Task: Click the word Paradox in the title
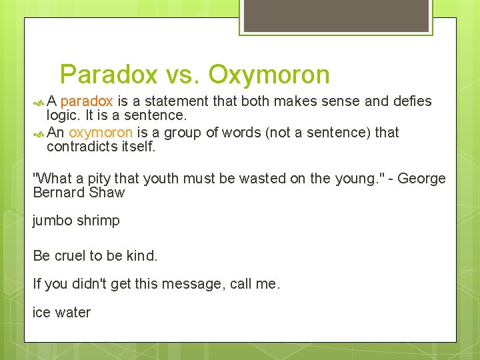[109, 75]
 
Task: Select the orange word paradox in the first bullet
[87, 101]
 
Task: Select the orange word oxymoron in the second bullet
[101, 132]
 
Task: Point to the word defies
[413, 101]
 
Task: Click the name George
[421, 179]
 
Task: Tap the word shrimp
[99, 221]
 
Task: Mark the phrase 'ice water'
[61, 312]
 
